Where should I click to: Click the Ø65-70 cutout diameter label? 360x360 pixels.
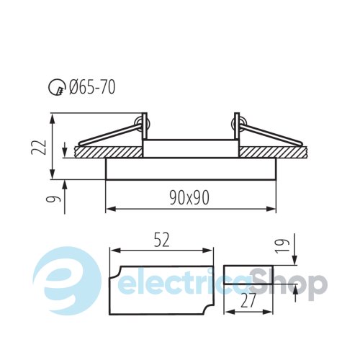(x=92, y=87)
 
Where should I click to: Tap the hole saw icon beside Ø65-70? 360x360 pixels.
(x=57, y=88)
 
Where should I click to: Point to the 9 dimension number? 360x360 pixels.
(x=54, y=199)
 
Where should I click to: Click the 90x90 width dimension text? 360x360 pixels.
(x=189, y=198)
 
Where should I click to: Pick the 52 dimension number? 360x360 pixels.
(x=161, y=240)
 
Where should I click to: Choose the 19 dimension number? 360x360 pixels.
(x=282, y=246)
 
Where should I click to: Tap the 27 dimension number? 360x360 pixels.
(x=248, y=301)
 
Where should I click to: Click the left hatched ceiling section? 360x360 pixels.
(x=108, y=152)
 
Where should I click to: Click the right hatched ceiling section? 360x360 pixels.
(x=274, y=152)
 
